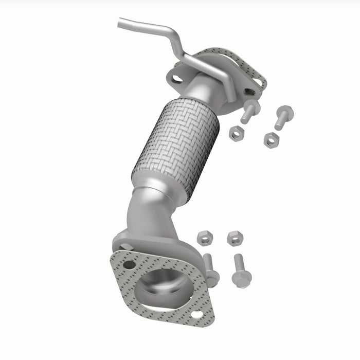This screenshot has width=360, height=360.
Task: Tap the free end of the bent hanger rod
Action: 120,23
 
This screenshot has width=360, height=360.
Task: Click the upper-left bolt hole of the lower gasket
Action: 129,265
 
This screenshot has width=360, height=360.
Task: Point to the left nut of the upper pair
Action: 236,134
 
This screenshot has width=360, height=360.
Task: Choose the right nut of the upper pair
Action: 271,139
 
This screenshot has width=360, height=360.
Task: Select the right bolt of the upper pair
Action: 282,117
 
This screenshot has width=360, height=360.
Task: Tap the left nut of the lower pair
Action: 205,237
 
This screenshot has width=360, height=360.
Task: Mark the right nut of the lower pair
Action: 235,238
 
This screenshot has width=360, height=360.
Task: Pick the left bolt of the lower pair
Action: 210,270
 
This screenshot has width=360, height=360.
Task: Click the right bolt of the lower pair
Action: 241,270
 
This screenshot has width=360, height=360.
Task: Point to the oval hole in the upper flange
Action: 177,79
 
